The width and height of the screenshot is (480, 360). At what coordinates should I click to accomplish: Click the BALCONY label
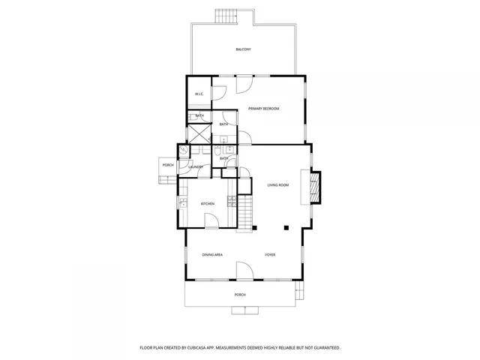243,49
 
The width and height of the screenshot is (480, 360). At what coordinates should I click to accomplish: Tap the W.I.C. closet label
199,94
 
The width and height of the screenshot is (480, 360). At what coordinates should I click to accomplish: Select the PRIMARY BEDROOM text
264,109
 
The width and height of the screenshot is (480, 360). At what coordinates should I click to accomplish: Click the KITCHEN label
208,204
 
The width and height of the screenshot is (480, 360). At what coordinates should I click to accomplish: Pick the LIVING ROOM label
278,184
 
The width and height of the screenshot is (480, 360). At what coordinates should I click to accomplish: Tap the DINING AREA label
212,255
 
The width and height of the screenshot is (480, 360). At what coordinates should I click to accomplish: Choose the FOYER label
270,255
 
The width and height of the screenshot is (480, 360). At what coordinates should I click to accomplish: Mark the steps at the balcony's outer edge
225,16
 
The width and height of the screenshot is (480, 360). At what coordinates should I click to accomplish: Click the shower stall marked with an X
199,133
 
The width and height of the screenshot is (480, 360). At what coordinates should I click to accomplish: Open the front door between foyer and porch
244,270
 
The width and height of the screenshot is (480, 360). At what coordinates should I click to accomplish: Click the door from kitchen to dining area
214,221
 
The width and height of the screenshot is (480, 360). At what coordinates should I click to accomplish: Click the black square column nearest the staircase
254,226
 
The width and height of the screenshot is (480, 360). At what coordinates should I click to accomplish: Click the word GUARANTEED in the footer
327,348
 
